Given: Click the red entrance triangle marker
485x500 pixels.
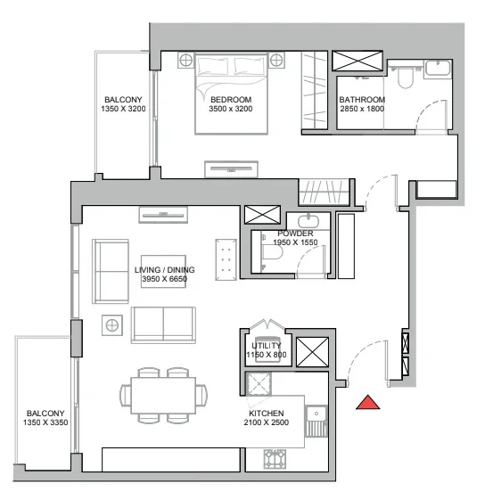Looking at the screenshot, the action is coord(368,403).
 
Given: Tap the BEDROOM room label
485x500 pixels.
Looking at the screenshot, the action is coord(231,100).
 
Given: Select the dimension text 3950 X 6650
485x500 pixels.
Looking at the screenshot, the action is coord(164,279).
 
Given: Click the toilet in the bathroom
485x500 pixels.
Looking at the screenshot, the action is coord(406,78).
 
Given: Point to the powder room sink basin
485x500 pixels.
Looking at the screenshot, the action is coord(308,221).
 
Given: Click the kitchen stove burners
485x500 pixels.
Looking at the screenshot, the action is coord(275,458).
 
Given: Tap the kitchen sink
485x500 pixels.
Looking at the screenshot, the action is coord(316,421).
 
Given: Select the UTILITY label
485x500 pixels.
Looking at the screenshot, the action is coord(267,346).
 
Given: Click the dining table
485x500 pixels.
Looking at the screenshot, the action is coord(163,396).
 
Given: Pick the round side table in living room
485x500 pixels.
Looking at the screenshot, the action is coord(112,325).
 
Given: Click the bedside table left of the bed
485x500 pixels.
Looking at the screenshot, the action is coord(185,60).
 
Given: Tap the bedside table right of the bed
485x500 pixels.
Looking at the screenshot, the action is coord(276,60).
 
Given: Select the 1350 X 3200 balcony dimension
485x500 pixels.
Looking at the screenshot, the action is coord(123,109).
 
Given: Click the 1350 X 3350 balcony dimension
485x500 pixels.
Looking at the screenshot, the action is coord(45,422).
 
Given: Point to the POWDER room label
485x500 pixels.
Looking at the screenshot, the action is coord(295,234).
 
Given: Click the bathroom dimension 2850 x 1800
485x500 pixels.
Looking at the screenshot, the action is coord(362,109).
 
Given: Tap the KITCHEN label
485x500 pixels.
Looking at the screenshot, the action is coord(267,414).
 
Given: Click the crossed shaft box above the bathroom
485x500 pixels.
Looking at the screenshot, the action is coord(358,61).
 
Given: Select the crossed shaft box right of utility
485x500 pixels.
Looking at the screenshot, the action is coord(312,352).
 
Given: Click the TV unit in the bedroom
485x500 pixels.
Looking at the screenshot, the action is coord(231,169).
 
